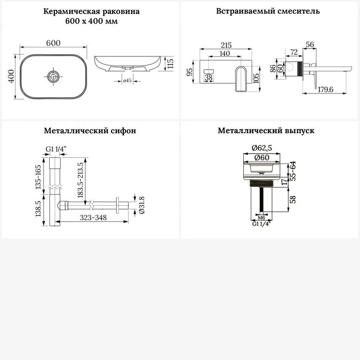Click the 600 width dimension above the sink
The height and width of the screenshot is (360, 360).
pos(53,42)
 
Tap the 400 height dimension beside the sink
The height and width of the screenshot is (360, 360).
pos(11,76)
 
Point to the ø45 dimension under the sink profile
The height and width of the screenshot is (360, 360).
pos(127,81)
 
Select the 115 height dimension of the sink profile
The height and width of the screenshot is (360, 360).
pos(171,63)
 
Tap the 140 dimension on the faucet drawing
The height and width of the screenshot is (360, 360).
pos(224,53)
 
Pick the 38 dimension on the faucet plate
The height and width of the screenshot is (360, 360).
pos(208,77)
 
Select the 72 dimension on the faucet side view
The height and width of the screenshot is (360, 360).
pos(294,53)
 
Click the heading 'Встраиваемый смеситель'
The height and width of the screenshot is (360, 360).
pos(268,11)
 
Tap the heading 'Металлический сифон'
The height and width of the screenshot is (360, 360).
pos(90,131)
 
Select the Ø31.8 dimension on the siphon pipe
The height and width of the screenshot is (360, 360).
pos(141,206)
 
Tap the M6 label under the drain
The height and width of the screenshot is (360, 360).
pos(262,218)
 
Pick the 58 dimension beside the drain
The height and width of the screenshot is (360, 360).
pos(293,199)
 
